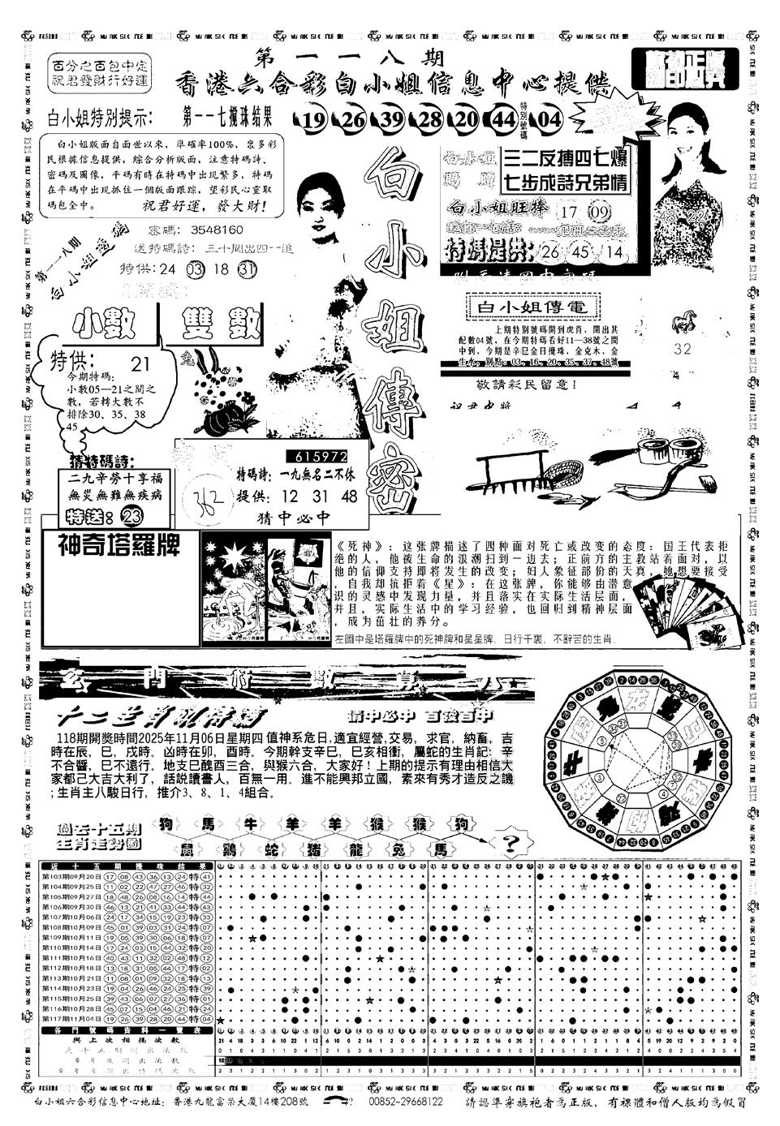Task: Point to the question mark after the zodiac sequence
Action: pos(511,844)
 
